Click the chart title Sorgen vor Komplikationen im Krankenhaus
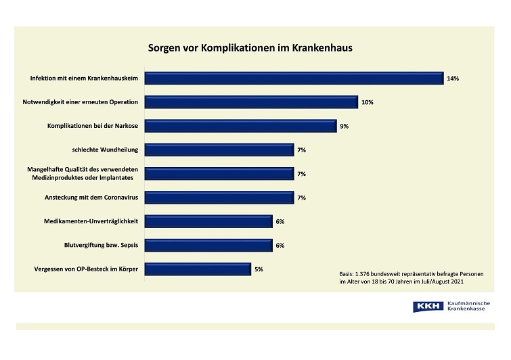point(250,49)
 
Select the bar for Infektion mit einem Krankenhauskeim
point(294,78)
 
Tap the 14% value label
point(453,78)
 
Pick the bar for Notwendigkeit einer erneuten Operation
point(252,102)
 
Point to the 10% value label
point(368,102)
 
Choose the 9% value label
point(345,126)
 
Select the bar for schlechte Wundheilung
point(219,150)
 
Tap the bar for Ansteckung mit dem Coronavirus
point(219,198)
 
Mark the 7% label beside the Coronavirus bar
point(302,198)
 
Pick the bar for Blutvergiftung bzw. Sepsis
point(209,245)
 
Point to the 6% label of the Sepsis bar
point(280,245)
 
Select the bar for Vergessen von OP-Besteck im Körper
point(198,269)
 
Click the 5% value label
point(259,269)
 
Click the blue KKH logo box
point(426,307)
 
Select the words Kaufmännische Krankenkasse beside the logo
point(469,307)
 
